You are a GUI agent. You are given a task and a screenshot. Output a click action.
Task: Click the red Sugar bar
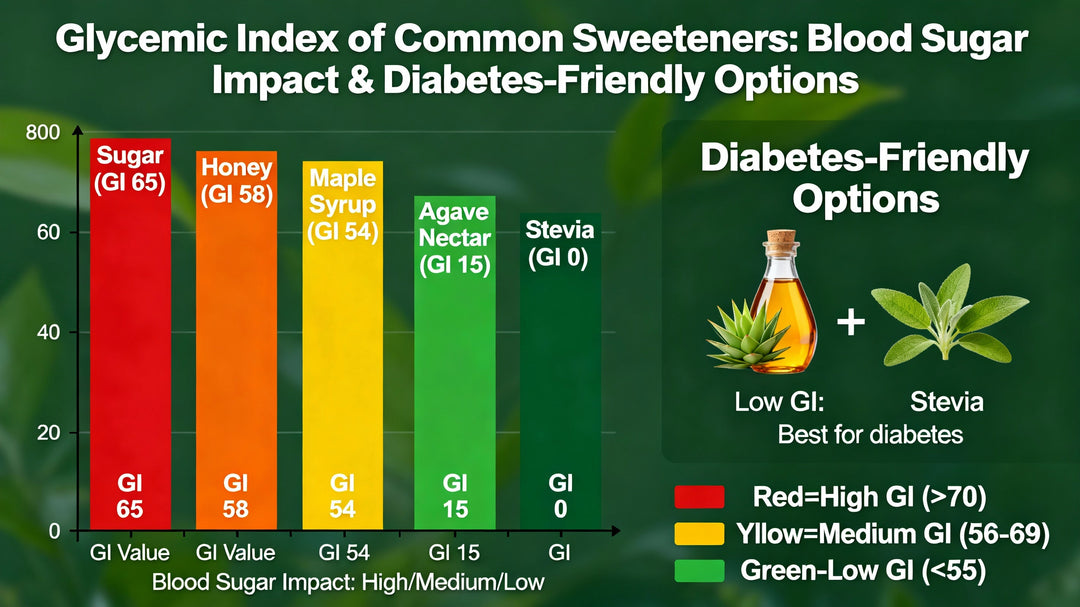(x=130, y=340)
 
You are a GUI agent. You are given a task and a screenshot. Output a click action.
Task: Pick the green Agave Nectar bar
(x=455, y=370)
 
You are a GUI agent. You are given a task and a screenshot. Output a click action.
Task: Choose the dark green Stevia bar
(x=560, y=380)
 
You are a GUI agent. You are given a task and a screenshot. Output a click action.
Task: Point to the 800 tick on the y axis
(x=49, y=132)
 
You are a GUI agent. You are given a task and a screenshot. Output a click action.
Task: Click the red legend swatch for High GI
(x=699, y=497)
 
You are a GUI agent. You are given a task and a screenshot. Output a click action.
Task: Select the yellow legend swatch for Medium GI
(x=699, y=534)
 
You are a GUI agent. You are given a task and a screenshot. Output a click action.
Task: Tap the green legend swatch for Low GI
(x=699, y=570)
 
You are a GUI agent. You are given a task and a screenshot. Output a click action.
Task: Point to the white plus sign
(x=850, y=324)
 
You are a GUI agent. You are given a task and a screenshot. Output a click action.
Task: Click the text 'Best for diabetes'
(x=870, y=435)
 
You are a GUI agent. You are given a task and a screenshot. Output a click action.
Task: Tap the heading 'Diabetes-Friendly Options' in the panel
(x=865, y=177)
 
